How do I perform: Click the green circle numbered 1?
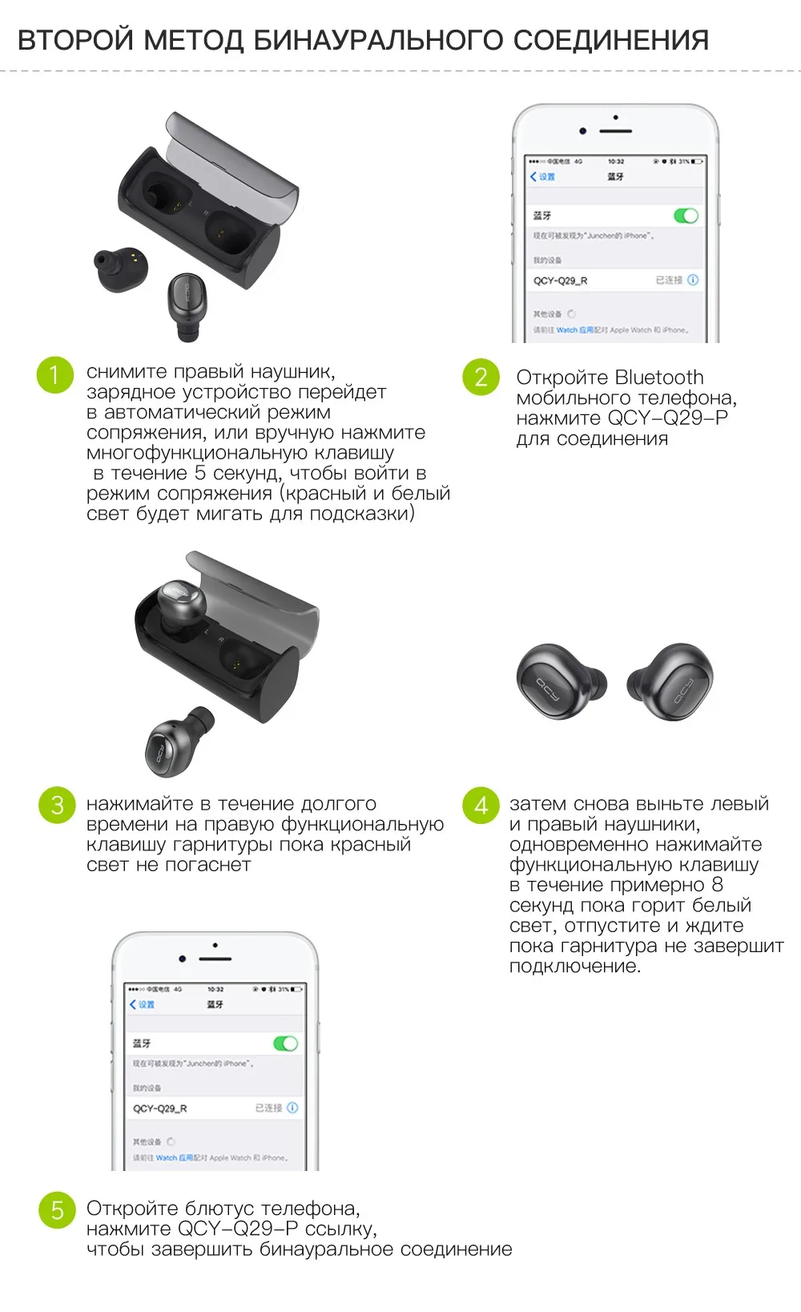coord(54,375)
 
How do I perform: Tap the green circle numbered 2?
coord(481,377)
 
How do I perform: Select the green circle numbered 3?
coord(57,805)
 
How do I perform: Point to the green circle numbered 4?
coord(481,805)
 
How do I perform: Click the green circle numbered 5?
coord(57,1209)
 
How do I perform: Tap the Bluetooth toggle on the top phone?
coord(686,216)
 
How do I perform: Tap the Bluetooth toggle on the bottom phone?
coord(285,1044)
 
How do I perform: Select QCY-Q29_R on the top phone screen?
coord(561,281)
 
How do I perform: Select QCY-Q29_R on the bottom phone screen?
coord(160,1108)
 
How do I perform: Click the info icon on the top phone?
coord(693,280)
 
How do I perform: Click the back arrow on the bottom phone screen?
coord(133,1004)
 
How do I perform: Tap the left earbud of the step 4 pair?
coord(557,681)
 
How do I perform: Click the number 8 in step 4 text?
coord(717,885)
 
